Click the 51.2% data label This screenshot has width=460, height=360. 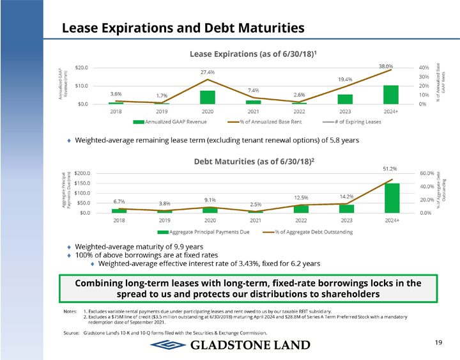click(390, 168)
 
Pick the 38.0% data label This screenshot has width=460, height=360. click(385, 66)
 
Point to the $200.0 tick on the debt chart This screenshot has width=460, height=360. click(82, 173)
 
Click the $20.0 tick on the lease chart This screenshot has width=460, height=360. click(82, 67)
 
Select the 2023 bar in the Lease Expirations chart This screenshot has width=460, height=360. click(345, 99)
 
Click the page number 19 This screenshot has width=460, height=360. click(438, 343)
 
